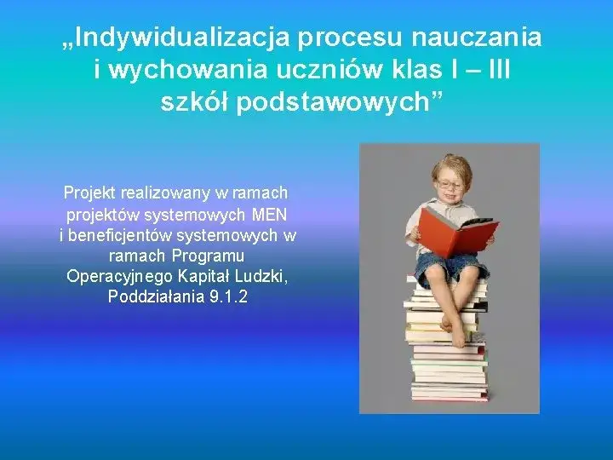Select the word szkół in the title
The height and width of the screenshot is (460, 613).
194,103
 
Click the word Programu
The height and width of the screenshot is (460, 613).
209,256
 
